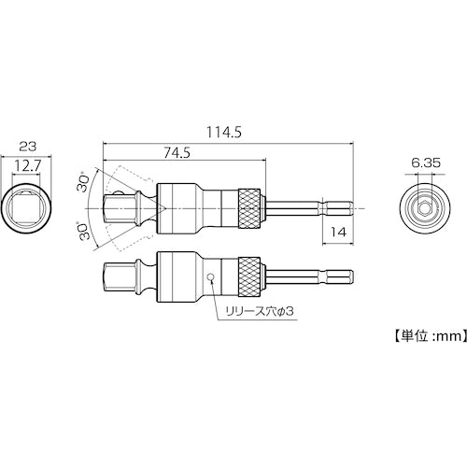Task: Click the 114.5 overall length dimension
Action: (228, 134)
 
